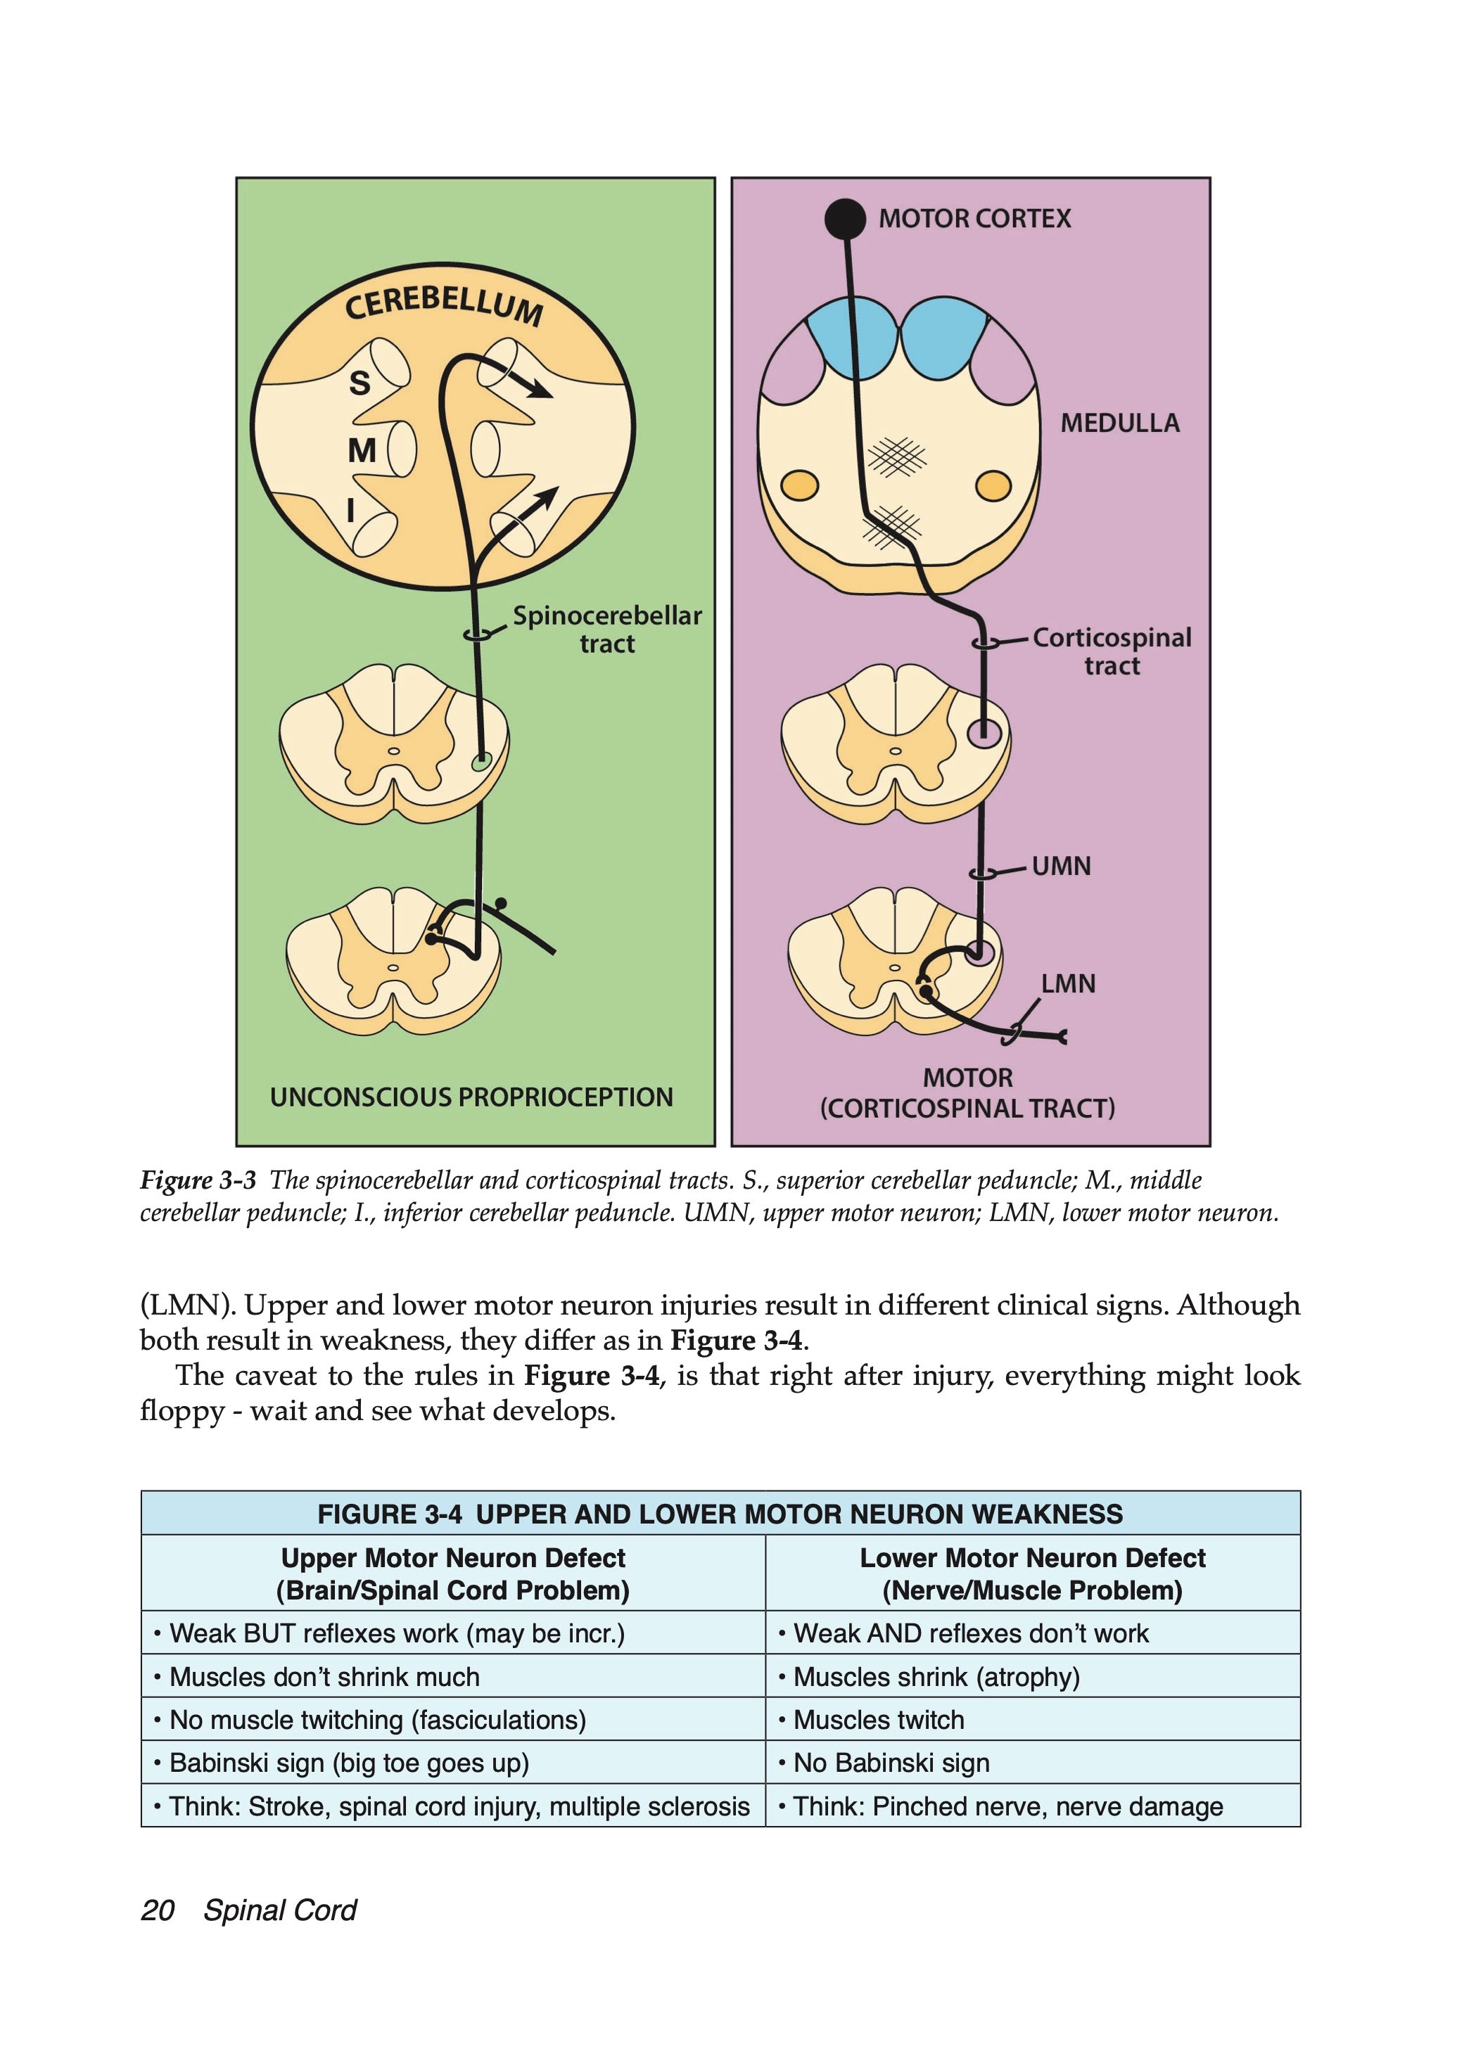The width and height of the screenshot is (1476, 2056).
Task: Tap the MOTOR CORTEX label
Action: pyautogui.click(x=974, y=219)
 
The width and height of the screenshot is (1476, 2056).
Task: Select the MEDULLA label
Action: pyautogui.click(x=1120, y=423)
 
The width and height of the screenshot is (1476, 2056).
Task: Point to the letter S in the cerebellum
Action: pyautogui.click(x=360, y=383)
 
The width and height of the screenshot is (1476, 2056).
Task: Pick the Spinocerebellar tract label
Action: pyautogui.click(x=606, y=629)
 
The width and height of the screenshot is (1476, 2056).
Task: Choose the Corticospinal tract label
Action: pyautogui.click(x=1112, y=651)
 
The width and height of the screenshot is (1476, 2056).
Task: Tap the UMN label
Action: pyautogui.click(x=1061, y=867)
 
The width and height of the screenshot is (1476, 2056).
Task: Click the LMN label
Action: pyautogui.click(x=1068, y=983)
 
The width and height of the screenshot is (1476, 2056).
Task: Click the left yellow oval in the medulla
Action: pyautogui.click(x=800, y=486)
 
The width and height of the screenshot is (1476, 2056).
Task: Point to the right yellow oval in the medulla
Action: pyautogui.click(x=993, y=486)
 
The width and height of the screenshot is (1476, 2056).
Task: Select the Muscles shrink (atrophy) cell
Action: pyautogui.click(x=936, y=1677)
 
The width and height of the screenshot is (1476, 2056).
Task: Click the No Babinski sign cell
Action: pyautogui.click(x=891, y=1763)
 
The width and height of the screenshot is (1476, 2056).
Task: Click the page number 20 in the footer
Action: pyautogui.click(x=158, y=1910)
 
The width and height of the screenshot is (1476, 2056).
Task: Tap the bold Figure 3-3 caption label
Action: pyautogui.click(x=198, y=1180)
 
